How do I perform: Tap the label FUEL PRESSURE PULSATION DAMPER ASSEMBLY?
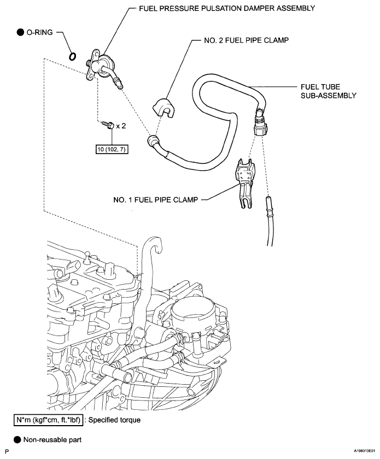pos(227,8)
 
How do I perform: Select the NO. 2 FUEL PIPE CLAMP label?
pos(246,40)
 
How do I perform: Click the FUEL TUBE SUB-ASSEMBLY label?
pos(329,91)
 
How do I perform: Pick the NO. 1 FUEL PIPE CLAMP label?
pos(156,199)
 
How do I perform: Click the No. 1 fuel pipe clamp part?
pos(245,183)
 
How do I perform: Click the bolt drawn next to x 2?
pos(108,125)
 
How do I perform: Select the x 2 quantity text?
pos(121,126)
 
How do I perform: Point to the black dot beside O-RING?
pos(20,32)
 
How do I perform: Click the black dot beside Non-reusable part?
pos(17,440)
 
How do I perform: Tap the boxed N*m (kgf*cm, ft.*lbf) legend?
pos(48,420)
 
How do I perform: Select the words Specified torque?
pos(114,420)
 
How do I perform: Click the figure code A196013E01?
pos(364,452)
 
